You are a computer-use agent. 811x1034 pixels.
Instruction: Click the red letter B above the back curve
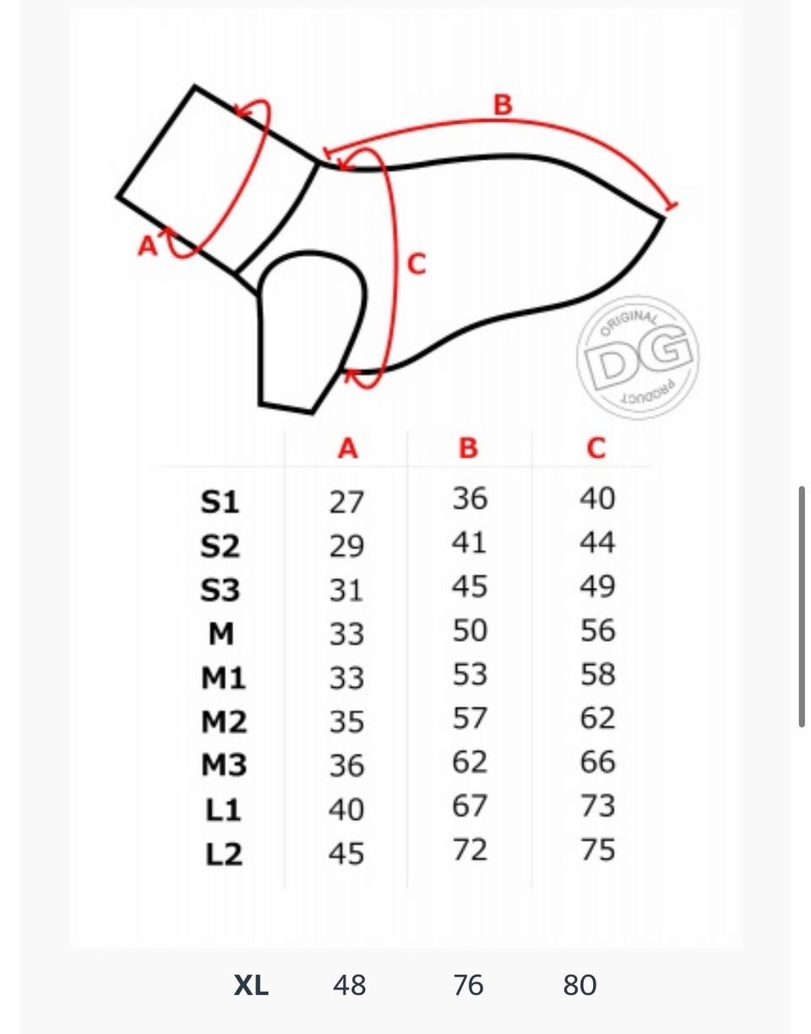tap(503, 105)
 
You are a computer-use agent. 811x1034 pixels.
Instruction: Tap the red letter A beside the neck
tap(148, 246)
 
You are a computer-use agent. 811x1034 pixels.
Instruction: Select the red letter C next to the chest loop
tap(417, 264)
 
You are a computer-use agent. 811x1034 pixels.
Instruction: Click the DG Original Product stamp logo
tap(638, 358)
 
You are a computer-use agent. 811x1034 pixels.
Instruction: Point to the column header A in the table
tap(348, 448)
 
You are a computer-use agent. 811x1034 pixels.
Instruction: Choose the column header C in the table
tap(596, 448)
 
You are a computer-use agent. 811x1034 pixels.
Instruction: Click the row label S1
tap(220, 502)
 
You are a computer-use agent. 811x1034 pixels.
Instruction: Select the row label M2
tap(224, 721)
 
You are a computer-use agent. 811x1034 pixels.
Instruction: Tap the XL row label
tap(251, 985)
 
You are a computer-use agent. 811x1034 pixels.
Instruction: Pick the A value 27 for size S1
tap(346, 502)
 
